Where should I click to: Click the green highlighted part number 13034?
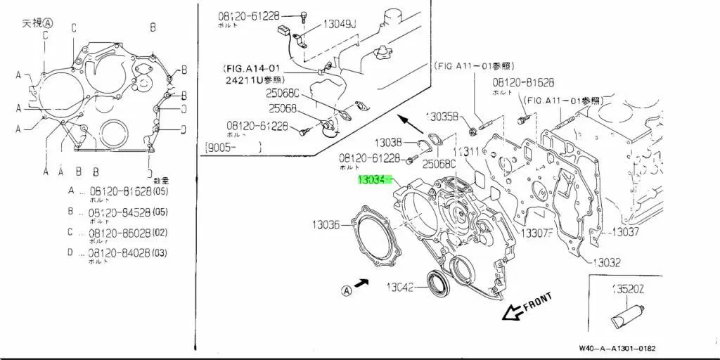point(374,180)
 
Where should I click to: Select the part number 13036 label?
point(326,225)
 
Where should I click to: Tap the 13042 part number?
point(403,286)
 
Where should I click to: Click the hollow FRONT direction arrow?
point(513,311)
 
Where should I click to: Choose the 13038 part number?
point(387,142)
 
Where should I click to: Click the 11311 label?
point(465,151)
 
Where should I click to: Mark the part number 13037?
point(625,231)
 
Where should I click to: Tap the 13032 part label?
point(606,262)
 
